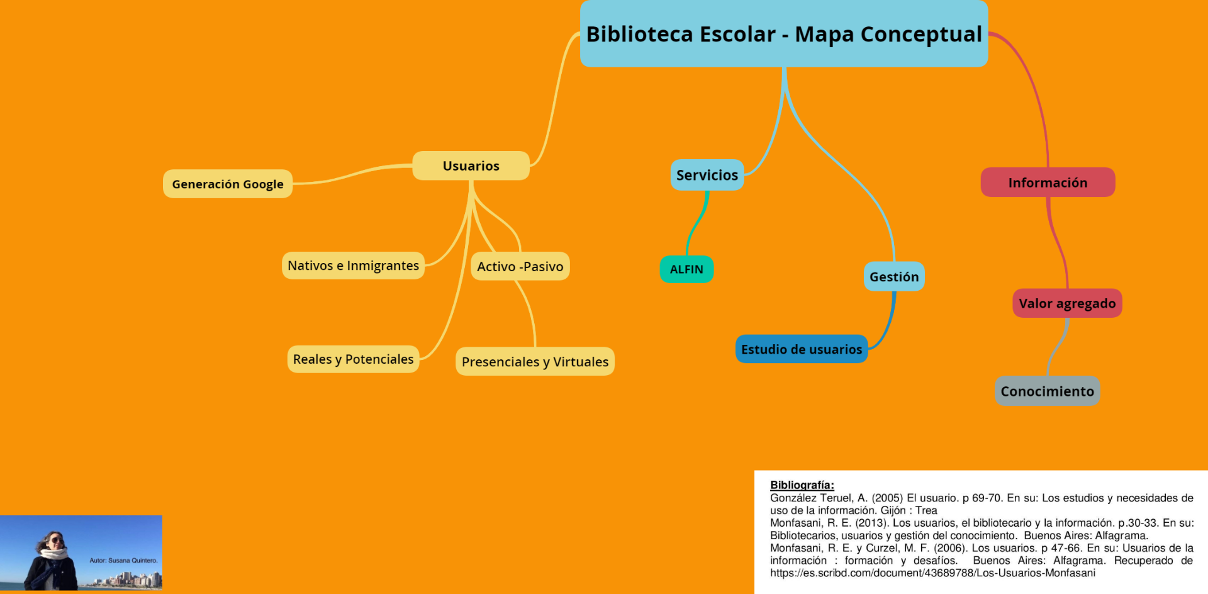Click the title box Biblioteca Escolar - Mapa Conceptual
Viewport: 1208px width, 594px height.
click(x=784, y=33)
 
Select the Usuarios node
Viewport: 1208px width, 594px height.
click(x=471, y=165)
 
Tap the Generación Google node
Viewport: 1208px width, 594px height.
click(x=228, y=184)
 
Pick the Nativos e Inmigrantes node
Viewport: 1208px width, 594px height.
click(x=353, y=266)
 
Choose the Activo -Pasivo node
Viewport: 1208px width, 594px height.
click(x=520, y=266)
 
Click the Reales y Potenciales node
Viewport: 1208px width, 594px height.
click(x=354, y=359)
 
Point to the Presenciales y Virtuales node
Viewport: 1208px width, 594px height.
click(x=535, y=361)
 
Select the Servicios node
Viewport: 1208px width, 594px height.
click(x=707, y=175)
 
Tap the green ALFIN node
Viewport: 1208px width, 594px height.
click(x=686, y=269)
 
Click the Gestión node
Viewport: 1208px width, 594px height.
click(x=894, y=277)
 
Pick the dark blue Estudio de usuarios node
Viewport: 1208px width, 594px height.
click(x=802, y=349)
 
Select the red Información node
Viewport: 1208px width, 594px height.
click(x=1048, y=182)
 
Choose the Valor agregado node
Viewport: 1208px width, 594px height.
click(x=1067, y=303)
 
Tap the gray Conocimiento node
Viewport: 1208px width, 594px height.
click(x=1048, y=391)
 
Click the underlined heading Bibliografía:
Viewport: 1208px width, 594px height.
click(x=802, y=485)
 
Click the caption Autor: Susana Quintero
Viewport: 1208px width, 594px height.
click(x=123, y=560)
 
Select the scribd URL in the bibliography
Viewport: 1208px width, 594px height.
click(x=932, y=573)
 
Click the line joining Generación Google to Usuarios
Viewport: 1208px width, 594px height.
click(x=352, y=174)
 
